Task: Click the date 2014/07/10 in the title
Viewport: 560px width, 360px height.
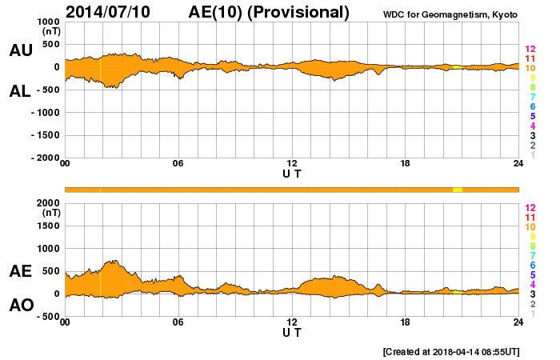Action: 117,12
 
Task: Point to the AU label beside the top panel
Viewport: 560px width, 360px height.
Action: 21,50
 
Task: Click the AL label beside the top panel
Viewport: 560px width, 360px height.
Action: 21,91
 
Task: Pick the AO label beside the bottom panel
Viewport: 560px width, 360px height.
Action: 21,306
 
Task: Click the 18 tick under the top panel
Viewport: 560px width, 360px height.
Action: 405,164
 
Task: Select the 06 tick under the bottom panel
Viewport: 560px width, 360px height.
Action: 178,322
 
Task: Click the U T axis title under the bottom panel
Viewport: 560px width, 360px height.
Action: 292,331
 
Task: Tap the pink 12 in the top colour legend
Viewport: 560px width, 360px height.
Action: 530,49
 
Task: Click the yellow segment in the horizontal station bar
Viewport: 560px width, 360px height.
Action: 458,189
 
